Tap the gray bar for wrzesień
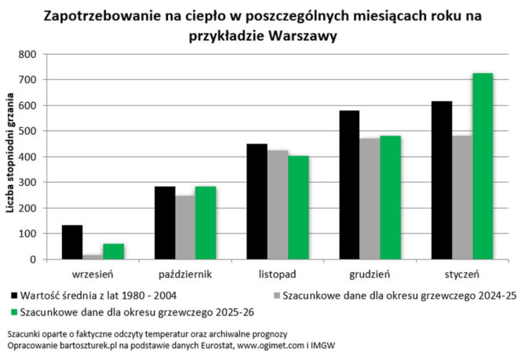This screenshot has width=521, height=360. (93, 256)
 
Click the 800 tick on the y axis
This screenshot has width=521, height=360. (27, 54)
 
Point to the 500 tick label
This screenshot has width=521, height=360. (27, 131)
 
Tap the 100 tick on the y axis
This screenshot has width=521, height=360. (27, 234)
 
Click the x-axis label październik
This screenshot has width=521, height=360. (184, 275)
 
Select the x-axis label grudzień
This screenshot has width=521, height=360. (370, 275)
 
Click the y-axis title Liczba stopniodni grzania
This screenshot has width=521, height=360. (11, 157)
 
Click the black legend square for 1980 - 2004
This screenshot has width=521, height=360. (15, 296)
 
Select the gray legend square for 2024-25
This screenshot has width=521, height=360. (276, 296)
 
